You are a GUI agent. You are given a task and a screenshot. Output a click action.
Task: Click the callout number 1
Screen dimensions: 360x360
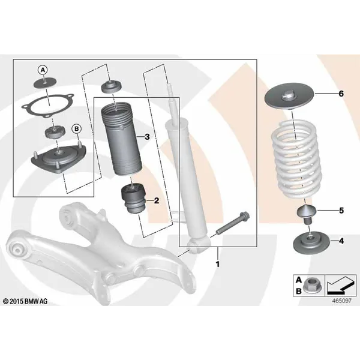(x=218, y=264)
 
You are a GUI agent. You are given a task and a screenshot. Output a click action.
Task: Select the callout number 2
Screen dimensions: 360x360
(x=157, y=200)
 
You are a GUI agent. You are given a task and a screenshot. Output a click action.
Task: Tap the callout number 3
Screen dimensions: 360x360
(x=147, y=137)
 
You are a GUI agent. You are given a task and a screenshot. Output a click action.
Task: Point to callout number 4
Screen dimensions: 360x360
(x=341, y=241)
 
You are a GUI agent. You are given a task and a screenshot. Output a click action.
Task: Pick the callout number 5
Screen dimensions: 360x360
(x=341, y=211)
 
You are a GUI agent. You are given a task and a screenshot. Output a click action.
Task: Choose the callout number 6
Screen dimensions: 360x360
(x=341, y=94)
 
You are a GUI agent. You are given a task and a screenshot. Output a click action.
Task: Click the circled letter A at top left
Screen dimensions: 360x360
(x=43, y=70)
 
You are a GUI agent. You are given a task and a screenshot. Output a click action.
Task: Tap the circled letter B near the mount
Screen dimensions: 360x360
(x=76, y=128)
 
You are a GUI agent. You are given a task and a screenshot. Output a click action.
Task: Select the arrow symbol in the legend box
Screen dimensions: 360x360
(x=340, y=286)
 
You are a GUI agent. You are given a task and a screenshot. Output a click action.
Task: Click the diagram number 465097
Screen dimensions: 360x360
(x=342, y=301)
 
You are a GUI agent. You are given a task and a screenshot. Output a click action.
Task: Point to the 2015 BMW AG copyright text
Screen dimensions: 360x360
(x=25, y=301)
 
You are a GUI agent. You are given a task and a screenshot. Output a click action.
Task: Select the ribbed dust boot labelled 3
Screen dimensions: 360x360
(x=121, y=139)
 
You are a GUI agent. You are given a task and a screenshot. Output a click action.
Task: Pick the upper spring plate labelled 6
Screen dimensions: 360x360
(x=289, y=98)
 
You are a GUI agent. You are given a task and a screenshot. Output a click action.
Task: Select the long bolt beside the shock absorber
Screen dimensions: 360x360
(x=233, y=224)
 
